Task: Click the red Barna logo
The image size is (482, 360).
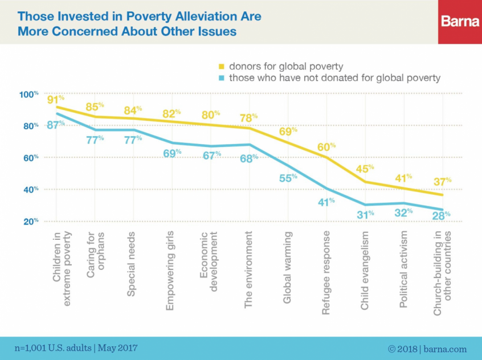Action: pyautogui.click(x=460, y=22)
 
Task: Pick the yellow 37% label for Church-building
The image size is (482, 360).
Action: pyautogui.click(x=442, y=181)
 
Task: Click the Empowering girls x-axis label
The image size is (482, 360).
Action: pyautogui.click(x=171, y=271)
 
